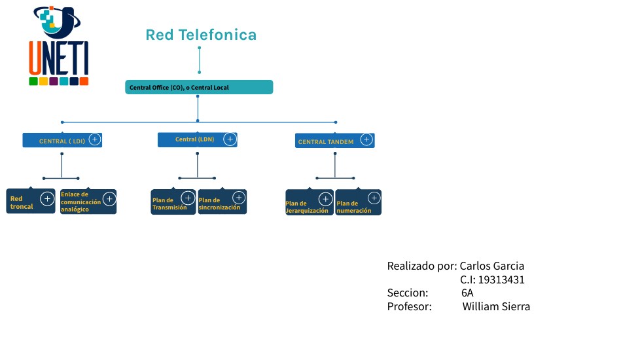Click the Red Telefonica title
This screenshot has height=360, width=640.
point(201,35)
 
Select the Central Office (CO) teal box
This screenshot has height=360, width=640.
point(199,87)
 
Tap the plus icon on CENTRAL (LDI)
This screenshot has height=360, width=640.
point(95,139)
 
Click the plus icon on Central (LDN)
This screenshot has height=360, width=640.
point(230,139)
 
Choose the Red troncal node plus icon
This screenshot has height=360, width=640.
point(47,199)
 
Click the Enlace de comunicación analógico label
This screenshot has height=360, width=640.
point(80,202)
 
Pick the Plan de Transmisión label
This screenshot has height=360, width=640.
point(169,204)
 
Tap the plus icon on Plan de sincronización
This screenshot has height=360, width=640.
point(239,198)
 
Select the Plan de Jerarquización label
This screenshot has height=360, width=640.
point(307,207)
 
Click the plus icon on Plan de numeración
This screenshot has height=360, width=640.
point(374,198)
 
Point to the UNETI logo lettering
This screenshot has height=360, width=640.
point(59,58)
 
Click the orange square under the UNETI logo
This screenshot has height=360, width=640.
point(84,81)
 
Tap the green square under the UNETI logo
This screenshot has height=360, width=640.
point(33,81)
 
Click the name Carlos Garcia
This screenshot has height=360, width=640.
point(492,266)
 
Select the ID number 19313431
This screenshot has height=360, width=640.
point(501,279)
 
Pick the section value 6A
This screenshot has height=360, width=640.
point(467,293)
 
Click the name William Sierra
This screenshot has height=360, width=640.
point(496,306)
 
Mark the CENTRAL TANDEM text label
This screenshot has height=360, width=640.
point(326,141)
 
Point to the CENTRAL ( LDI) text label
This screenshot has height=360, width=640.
point(62,141)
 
